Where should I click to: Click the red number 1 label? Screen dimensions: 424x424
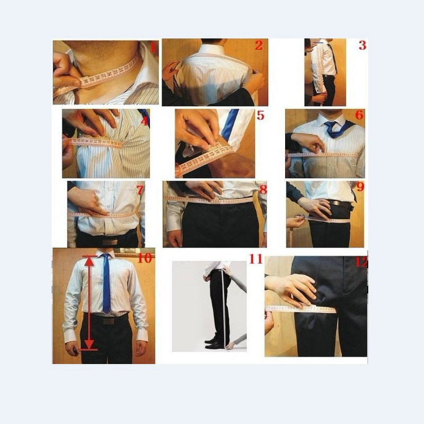coord(153,48)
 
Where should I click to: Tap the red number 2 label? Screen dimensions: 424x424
coord(258,45)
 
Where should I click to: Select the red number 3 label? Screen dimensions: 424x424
coord(362,45)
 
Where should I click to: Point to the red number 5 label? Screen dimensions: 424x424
coord(260,115)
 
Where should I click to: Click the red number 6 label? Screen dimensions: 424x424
coord(359,115)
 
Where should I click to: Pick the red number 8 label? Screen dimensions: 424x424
coord(263,189)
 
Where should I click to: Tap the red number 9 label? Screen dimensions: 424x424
coord(360,187)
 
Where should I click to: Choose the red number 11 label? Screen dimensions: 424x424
coord(255,259)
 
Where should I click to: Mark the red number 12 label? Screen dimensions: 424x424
coord(362,261)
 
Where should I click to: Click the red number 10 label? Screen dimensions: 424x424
coord(144,258)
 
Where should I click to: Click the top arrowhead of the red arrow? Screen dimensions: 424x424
coord(90,260)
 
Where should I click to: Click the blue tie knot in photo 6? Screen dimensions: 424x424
coord(331,127)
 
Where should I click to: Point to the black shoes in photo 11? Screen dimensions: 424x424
coord(214,342)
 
